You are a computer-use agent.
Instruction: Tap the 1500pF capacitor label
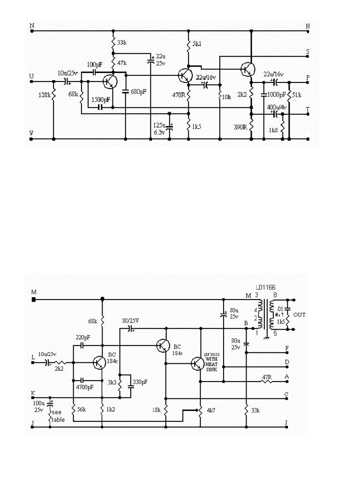101,100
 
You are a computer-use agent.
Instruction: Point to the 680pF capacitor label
138,92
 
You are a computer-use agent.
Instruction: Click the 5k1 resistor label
197,44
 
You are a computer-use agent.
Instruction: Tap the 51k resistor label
297,95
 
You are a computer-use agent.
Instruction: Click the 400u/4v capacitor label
277,107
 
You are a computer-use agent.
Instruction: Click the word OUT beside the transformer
300,315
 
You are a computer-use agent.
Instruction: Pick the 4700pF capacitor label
84,387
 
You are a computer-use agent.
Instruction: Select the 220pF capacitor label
83,337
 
